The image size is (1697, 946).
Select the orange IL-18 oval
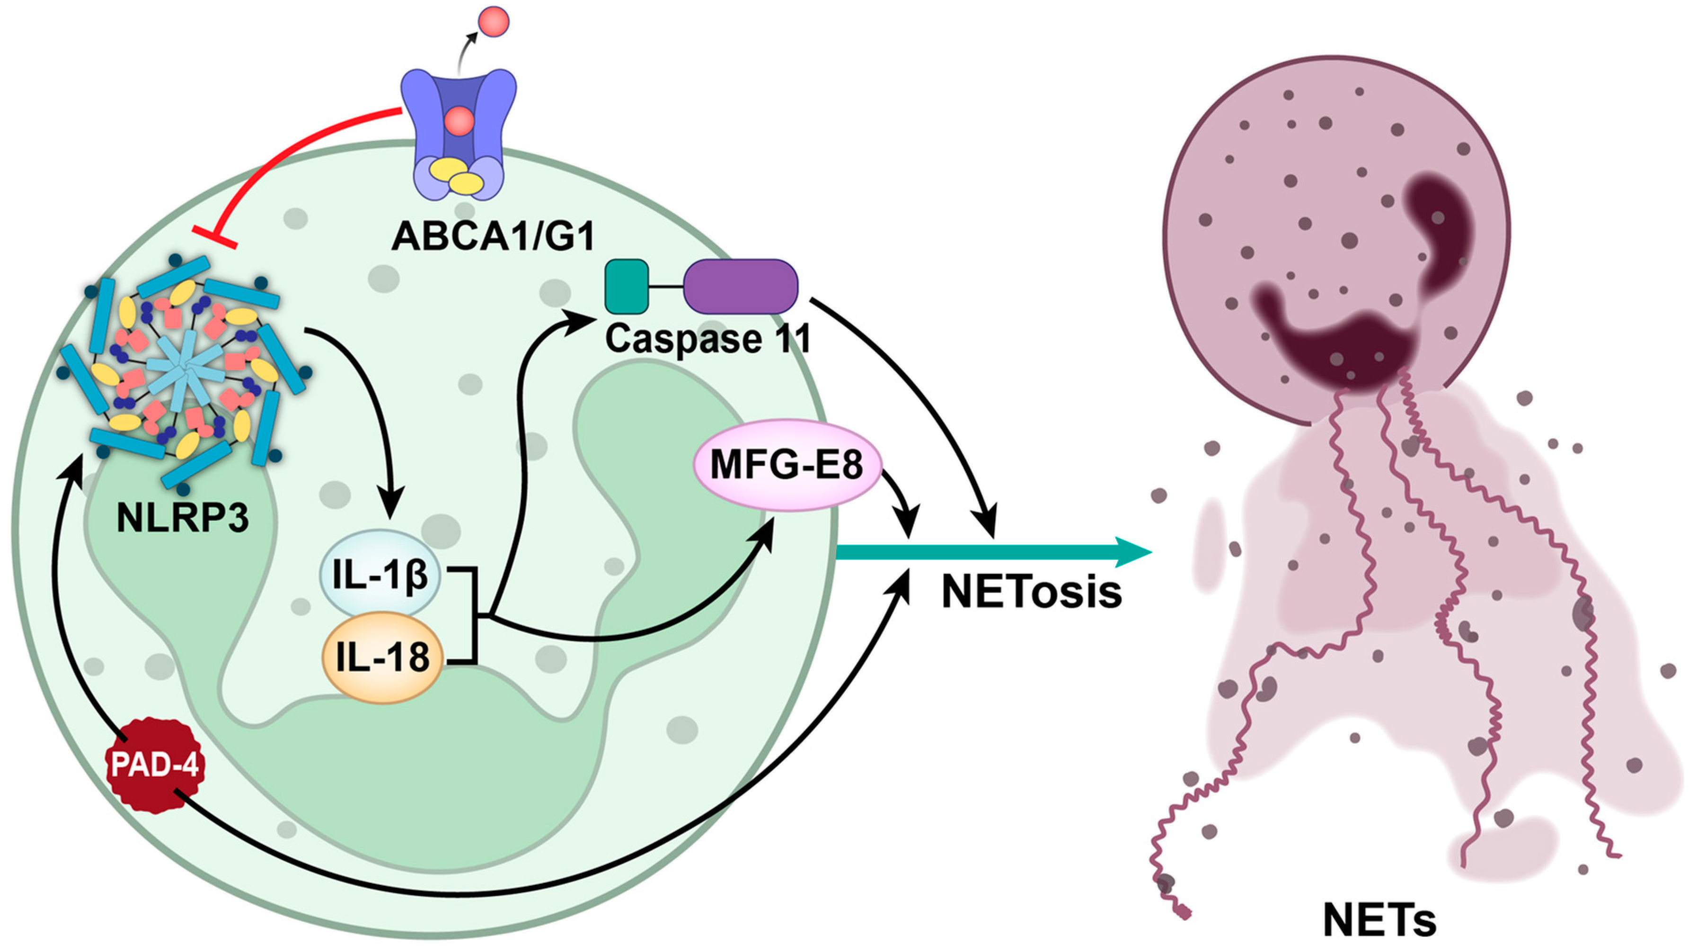pyautogui.click(x=382, y=657)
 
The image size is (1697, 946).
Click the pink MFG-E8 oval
pyautogui.click(x=787, y=465)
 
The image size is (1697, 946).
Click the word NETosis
pyautogui.click(x=1032, y=592)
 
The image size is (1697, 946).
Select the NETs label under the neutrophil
pyautogui.click(x=1379, y=920)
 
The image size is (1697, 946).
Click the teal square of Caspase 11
pyautogui.click(x=627, y=286)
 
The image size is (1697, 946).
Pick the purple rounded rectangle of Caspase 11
pyautogui.click(x=741, y=286)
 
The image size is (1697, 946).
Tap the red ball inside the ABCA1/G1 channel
pyautogui.click(x=459, y=121)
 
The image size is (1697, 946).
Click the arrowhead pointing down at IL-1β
pyautogui.click(x=393, y=511)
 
